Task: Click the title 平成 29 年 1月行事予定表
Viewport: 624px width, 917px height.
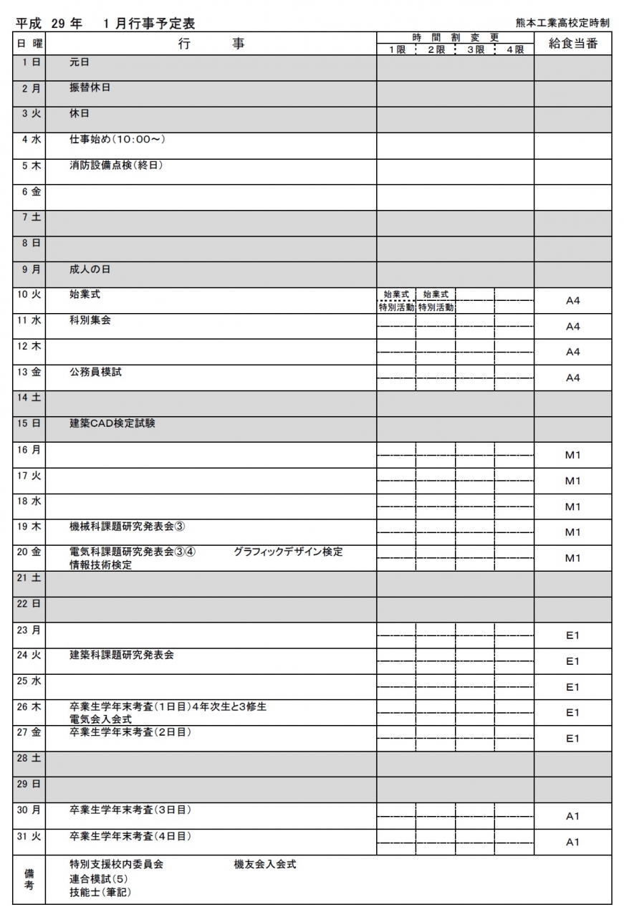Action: coord(105,23)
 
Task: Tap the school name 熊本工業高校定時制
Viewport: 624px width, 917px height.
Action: coord(562,23)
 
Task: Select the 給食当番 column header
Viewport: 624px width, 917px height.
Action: coord(572,44)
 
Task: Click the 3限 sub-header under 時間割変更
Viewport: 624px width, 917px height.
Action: coord(475,49)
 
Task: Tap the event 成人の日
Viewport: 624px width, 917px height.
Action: coord(90,269)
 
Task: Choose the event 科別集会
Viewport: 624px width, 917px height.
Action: coord(90,320)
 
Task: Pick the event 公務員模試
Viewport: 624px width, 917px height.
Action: coord(95,372)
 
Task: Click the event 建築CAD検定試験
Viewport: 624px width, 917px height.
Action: coord(112,423)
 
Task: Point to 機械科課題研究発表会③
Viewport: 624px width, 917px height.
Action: coord(128,527)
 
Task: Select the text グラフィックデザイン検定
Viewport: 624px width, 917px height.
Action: coord(288,552)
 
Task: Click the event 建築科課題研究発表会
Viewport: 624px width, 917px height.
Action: coord(121,655)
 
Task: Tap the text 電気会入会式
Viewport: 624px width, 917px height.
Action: coord(100,719)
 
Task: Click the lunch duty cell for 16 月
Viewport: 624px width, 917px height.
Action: coord(572,455)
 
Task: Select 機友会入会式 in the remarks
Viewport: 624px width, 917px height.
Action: coord(264,865)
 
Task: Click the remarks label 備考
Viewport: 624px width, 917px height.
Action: coord(29,879)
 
